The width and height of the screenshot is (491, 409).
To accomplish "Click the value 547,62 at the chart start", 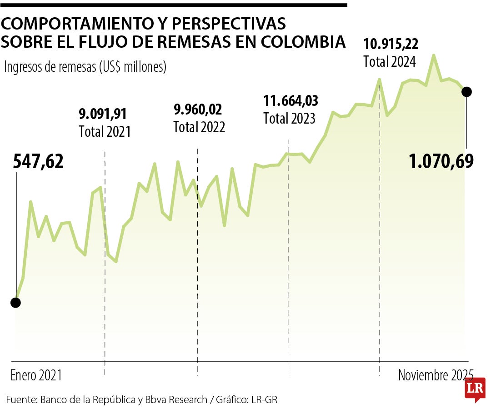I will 38,162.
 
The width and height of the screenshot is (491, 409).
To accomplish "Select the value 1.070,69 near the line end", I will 441,161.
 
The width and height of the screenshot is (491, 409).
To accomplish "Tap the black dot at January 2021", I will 16,303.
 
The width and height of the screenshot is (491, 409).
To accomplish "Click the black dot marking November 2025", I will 466,92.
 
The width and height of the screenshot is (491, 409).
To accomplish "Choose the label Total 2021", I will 105,132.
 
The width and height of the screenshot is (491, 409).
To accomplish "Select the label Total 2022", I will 199,127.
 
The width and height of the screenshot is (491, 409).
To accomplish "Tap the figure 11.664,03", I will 291,100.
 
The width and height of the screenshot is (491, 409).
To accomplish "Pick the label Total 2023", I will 290,119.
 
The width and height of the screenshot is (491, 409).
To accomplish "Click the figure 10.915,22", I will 391,44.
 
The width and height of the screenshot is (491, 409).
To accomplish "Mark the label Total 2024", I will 390,62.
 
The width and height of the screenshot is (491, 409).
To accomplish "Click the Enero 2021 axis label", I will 36,375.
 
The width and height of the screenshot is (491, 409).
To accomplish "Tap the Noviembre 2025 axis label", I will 436,375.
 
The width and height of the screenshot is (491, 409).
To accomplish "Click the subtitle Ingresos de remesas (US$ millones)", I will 85,67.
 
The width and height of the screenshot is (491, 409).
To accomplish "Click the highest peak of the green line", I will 434,55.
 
